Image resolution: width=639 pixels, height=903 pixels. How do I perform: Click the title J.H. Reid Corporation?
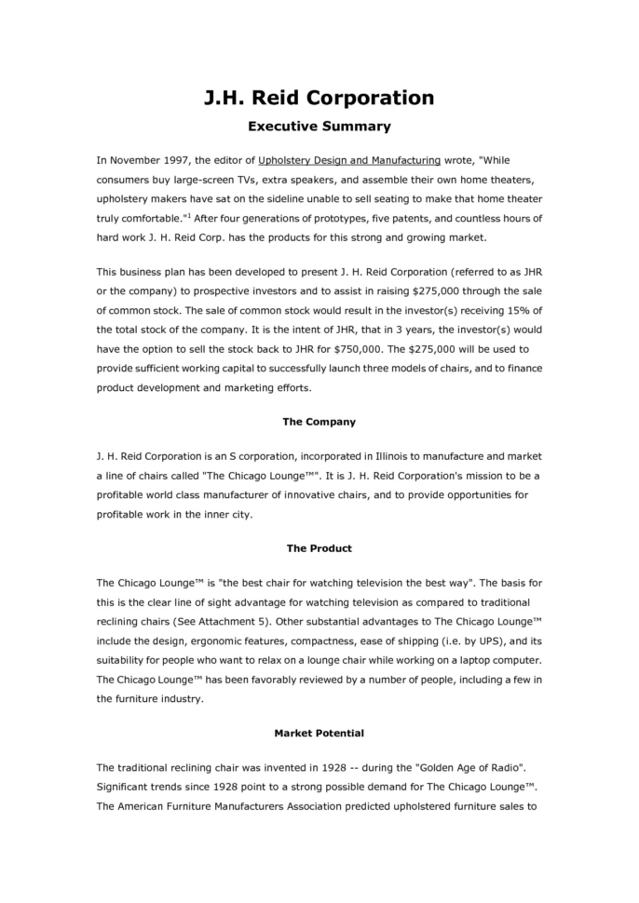click(319, 97)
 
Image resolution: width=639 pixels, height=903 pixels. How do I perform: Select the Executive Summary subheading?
click(319, 126)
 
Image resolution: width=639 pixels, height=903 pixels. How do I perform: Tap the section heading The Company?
click(319, 422)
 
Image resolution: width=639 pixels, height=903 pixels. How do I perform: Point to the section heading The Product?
click(319, 548)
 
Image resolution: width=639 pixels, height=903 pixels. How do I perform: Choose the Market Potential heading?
click(319, 734)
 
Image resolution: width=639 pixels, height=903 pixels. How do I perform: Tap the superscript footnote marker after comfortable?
click(188, 215)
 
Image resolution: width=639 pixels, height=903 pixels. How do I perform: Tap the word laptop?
click(497, 662)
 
